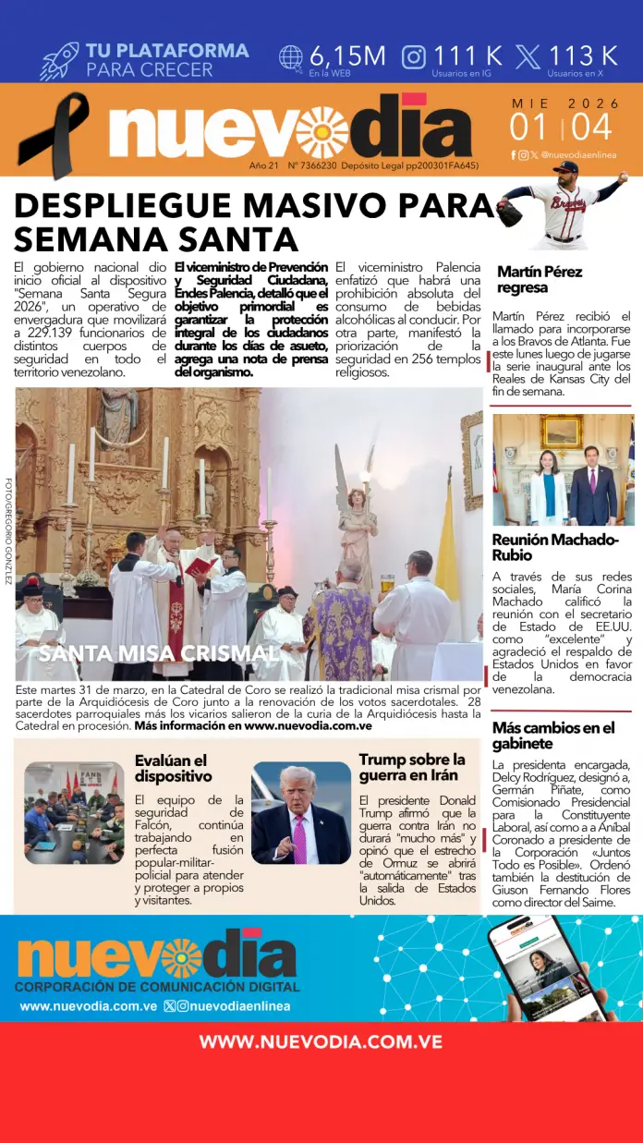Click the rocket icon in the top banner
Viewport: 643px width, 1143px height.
pyautogui.click(x=59, y=60)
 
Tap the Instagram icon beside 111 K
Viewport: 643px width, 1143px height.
pyautogui.click(x=416, y=56)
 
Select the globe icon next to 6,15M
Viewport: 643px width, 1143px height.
pyautogui.click(x=291, y=56)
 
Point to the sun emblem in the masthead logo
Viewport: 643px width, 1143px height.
pyautogui.click(x=321, y=131)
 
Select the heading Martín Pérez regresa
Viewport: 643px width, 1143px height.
pyautogui.click(x=540, y=280)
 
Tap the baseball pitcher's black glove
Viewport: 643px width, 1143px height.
pyautogui.click(x=509, y=212)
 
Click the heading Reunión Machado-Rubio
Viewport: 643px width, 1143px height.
pyautogui.click(x=555, y=547)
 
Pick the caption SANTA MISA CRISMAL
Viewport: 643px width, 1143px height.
pyautogui.click(x=158, y=653)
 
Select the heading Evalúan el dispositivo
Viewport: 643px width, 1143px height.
pyautogui.click(x=174, y=768)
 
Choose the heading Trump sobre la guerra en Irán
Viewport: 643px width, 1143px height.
pyautogui.click(x=412, y=767)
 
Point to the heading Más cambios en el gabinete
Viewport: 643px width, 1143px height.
pyautogui.click(x=552, y=736)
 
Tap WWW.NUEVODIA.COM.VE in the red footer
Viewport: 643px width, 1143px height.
pyautogui.click(x=321, y=1042)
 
